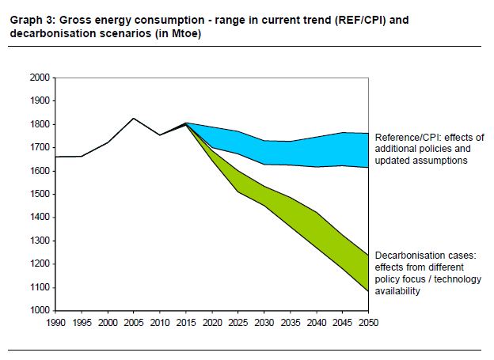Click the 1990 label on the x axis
click(56, 323)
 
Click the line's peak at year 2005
click(133, 118)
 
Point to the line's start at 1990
click(55, 157)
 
